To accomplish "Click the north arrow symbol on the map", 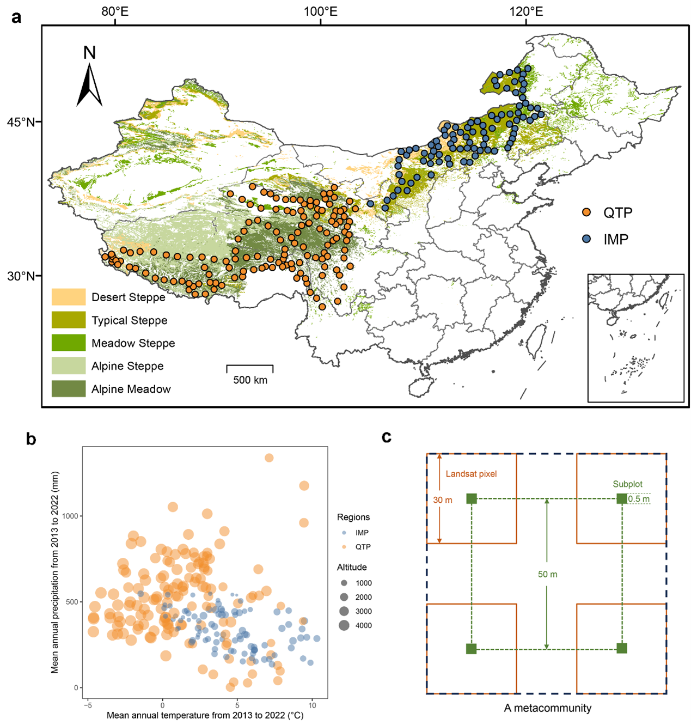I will (x=89, y=84).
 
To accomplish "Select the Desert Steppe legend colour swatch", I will (x=69, y=297).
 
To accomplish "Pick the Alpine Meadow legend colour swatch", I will (x=69, y=388).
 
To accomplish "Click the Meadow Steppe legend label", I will (x=133, y=343).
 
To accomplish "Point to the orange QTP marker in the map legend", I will (x=586, y=212).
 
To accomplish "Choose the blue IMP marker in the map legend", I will (x=586, y=239).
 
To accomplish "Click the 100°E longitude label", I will (x=320, y=11).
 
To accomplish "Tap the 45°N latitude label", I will (x=21, y=122).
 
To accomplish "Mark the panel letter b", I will (x=31, y=439).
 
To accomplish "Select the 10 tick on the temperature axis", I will (x=312, y=705).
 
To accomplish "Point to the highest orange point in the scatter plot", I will (x=269, y=458).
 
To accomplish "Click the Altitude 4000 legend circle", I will (x=344, y=625).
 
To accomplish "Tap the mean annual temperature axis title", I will (x=205, y=715).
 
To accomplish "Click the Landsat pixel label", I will (x=471, y=474).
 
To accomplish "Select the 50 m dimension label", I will (x=547, y=574).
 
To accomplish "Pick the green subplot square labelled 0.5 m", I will (x=622, y=498).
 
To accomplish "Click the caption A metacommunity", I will (x=547, y=708).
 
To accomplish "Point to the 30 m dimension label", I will (x=443, y=500).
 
